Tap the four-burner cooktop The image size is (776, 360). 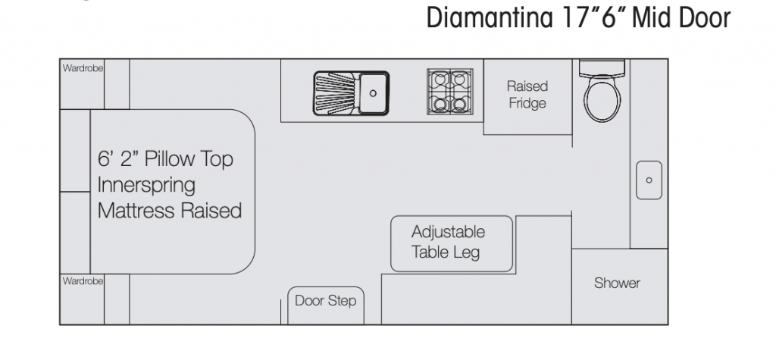coord(450,92)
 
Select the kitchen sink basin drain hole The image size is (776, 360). coord(373,93)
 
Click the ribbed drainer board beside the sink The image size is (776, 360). coord(334,93)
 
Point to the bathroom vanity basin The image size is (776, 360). coord(649,180)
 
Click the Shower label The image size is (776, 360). coord(617,283)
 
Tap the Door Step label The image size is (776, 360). coord(326,301)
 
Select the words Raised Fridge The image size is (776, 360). coord(527,95)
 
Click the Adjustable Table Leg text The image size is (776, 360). coord(448,242)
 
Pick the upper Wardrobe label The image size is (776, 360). coord(83,68)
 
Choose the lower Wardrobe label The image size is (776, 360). coord(83,281)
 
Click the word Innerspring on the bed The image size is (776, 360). coord(146,185)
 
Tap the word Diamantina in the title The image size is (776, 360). coord(490,18)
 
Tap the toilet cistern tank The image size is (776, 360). coord(602,68)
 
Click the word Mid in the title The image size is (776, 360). coord(652,18)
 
